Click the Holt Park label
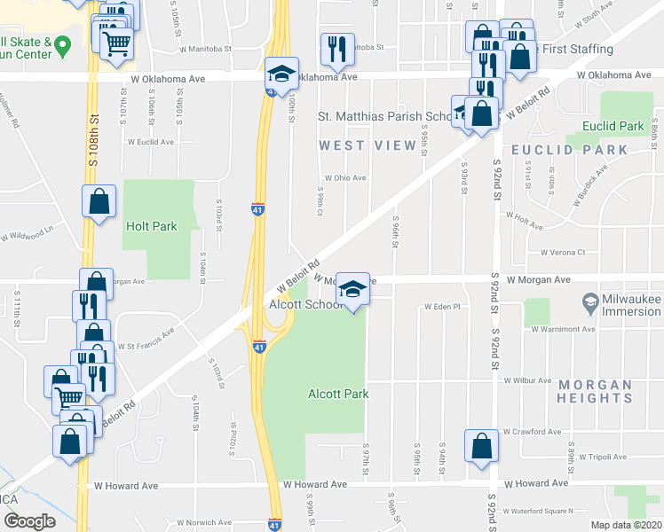pos(152,226)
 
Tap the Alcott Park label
pos(337,394)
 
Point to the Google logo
pos(29,522)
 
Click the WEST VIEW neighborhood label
pos(368,145)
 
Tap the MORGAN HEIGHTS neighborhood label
pos(596,391)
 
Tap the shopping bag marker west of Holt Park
pos(99,201)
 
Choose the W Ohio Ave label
pos(345,177)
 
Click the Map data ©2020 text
pos(627,525)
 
